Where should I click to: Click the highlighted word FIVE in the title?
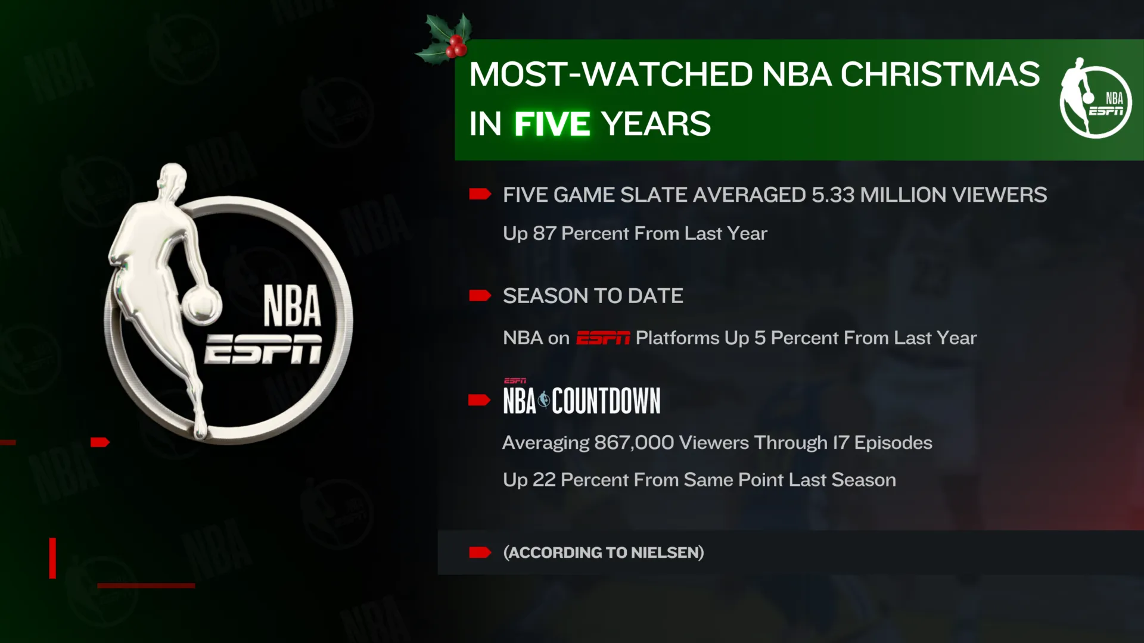point(552,124)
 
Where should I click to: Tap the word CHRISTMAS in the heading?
point(940,74)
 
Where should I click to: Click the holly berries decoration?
point(456,46)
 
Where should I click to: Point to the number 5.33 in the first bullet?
point(833,195)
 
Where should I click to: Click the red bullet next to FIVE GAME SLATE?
point(480,194)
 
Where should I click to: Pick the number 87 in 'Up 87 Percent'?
point(545,233)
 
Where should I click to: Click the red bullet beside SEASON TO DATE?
point(480,296)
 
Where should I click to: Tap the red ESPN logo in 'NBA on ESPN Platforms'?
point(603,338)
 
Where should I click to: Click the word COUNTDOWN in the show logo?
point(606,401)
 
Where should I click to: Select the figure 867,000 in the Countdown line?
point(634,443)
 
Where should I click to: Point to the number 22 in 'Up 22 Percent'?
point(544,480)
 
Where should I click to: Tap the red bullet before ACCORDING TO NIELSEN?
point(480,553)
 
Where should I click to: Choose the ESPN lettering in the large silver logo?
point(263,349)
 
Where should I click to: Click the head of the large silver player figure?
point(173,177)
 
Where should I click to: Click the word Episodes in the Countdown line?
point(893,444)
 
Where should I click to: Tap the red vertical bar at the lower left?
point(52,558)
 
